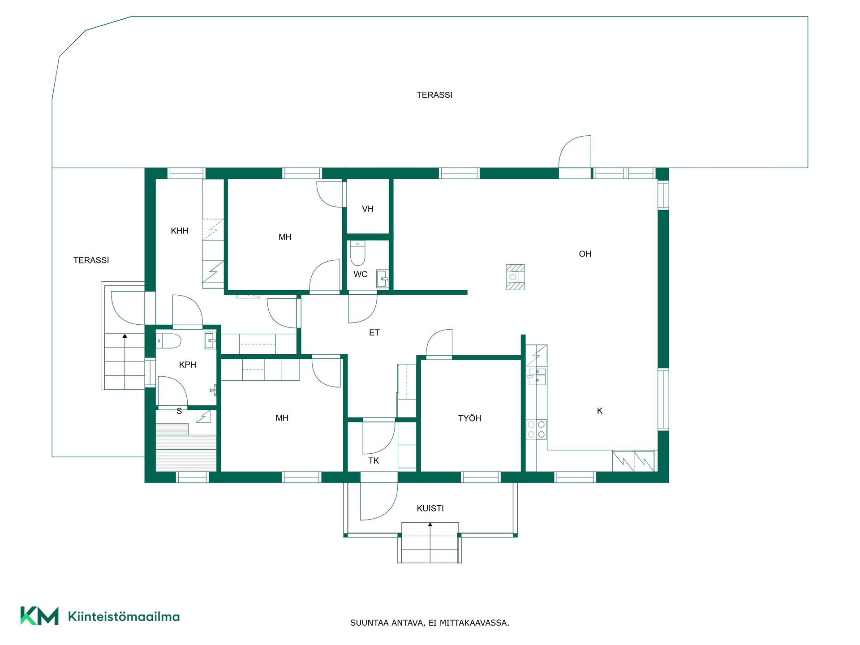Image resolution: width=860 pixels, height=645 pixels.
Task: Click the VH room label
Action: point(368,209)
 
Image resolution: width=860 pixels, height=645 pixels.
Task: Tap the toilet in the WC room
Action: point(357,253)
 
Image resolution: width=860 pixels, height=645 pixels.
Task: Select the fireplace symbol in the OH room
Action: point(515,277)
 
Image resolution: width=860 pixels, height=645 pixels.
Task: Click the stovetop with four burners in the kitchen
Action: point(536,429)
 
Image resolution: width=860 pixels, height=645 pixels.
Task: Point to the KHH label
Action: point(180,231)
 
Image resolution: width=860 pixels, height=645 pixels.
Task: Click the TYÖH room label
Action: point(469,418)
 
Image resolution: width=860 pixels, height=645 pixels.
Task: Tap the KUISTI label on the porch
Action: point(430,508)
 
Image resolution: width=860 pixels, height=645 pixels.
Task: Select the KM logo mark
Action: point(39,616)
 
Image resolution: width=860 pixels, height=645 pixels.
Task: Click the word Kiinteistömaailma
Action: point(124,616)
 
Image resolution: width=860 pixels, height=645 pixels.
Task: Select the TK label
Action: point(374,460)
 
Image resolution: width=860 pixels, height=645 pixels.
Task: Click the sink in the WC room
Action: point(382,278)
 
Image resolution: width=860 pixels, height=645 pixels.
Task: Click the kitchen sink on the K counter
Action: point(537,377)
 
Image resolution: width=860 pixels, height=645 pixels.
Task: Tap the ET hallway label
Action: point(374,332)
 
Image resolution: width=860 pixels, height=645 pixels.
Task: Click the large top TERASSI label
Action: point(434,95)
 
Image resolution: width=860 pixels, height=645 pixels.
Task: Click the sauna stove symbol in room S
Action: point(203,417)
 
